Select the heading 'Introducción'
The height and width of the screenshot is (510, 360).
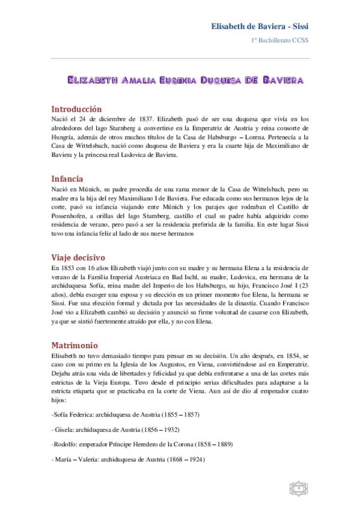[x=76, y=109]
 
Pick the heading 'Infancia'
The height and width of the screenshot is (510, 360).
[x=67, y=179]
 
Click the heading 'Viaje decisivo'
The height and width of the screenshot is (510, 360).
[x=79, y=257]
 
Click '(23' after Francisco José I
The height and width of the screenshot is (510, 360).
[x=303, y=286]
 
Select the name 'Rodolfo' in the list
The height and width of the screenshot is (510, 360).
[x=67, y=445]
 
